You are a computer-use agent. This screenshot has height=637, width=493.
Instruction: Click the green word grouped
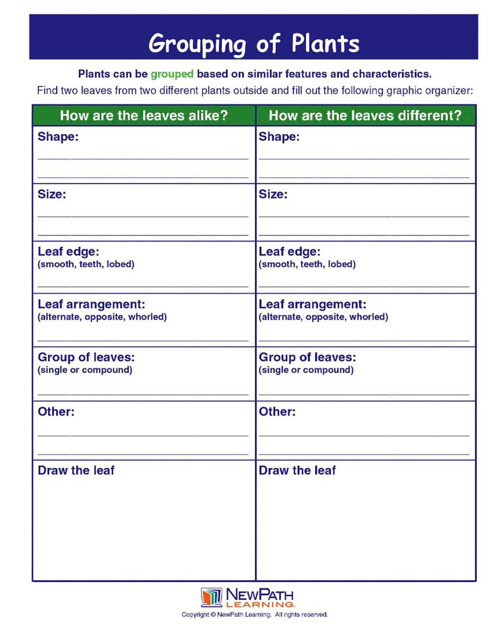pyautogui.click(x=172, y=74)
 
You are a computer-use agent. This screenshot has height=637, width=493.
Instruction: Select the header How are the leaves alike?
pyautogui.click(x=143, y=115)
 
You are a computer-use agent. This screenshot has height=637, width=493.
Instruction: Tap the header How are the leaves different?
pyautogui.click(x=365, y=115)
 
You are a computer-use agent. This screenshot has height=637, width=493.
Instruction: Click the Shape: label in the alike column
pyautogui.click(x=58, y=136)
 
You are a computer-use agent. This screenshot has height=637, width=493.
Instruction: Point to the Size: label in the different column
pyautogui.click(x=273, y=194)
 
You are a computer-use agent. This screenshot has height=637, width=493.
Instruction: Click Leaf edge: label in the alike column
pyautogui.click(x=68, y=251)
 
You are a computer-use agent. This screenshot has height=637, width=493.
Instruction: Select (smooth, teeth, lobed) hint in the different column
pyautogui.click(x=307, y=264)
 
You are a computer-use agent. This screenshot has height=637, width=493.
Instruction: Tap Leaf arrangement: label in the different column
pyautogui.click(x=312, y=304)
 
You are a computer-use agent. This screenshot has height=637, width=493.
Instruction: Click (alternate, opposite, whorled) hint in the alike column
pyautogui.click(x=102, y=317)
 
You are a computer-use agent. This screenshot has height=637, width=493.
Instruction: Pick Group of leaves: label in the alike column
pyautogui.click(x=86, y=357)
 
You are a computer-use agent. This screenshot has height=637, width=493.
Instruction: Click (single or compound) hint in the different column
pyautogui.click(x=306, y=369)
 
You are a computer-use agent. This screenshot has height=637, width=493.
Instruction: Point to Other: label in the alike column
pyautogui.click(x=56, y=411)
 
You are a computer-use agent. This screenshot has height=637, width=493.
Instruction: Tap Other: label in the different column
pyautogui.click(x=277, y=411)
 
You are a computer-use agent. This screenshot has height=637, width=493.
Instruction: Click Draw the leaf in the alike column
pyautogui.click(x=76, y=470)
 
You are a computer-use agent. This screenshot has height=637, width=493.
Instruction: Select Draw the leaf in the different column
pyautogui.click(x=297, y=470)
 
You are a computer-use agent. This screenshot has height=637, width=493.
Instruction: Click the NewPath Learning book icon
pyautogui.click(x=211, y=597)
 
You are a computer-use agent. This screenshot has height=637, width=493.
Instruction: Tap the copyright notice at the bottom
pyautogui.click(x=254, y=614)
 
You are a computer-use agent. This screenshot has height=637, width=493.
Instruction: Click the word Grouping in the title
pyautogui.click(x=197, y=44)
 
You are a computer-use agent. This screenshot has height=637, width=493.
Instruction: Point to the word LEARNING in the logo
pyautogui.click(x=260, y=604)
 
